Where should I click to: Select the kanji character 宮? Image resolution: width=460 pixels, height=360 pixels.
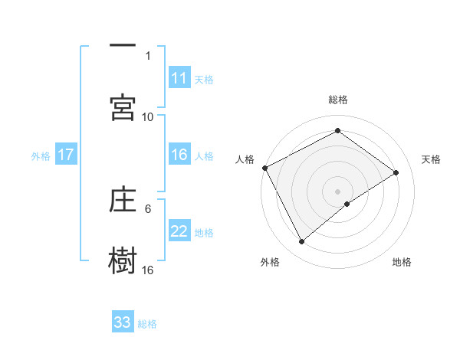(123, 108)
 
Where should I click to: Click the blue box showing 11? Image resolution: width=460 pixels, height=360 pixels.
(179, 78)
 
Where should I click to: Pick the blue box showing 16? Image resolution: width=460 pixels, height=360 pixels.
(179, 155)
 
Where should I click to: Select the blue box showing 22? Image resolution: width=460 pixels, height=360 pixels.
(179, 232)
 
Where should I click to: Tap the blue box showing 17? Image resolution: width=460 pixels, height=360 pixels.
(65, 155)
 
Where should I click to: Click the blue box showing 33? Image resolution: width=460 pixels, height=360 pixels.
(123, 322)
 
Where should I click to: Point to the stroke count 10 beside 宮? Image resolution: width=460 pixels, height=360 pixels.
(148, 116)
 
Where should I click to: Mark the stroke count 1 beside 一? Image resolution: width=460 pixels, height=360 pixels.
(148, 55)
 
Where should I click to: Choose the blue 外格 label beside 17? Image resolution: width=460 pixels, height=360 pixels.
(41, 155)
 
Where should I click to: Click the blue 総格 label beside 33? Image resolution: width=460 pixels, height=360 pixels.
(147, 323)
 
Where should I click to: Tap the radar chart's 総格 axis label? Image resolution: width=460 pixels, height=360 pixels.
(338, 100)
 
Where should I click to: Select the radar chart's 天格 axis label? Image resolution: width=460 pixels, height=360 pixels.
(431, 159)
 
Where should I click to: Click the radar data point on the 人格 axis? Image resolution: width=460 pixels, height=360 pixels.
(264, 168)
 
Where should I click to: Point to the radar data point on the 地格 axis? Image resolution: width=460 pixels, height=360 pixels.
(347, 204)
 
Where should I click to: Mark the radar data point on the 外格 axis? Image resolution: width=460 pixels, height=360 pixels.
(301, 242)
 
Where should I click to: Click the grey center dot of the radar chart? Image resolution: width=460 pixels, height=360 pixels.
(338, 191)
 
